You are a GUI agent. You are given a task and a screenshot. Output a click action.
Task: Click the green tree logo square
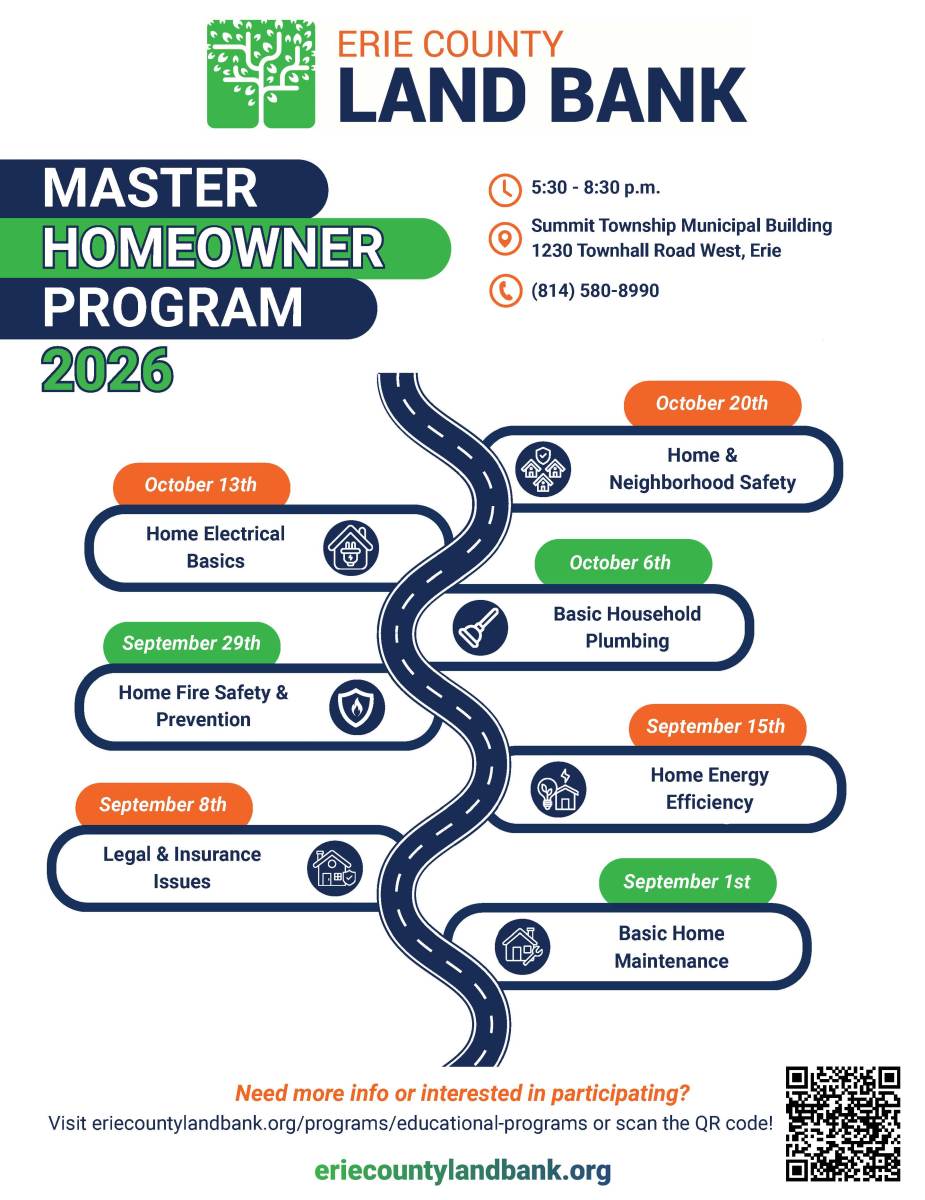click(x=261, y=74)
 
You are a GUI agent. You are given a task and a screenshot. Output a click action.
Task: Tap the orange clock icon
click(x=505, y=190)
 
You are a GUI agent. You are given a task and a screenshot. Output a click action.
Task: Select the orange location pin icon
click(x=505, y=239)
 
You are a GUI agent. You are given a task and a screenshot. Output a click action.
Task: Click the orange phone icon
click(x=505, y=290)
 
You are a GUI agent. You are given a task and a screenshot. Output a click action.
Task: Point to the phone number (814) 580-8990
click(x=595, y=290)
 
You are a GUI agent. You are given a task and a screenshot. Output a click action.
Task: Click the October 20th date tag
click(x=712, y=403)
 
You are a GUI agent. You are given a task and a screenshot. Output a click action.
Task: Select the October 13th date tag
click(x=201, y=484)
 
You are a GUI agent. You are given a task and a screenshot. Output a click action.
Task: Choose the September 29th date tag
click(x=192, y=643)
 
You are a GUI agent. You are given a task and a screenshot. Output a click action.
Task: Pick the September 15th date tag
click(x=717, y=726)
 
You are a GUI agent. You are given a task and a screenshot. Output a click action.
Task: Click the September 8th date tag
click(x=164, y=804)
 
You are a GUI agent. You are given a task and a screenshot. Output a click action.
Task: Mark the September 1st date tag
click(x=688, y=881)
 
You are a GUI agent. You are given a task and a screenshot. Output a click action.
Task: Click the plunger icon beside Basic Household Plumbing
click(x=479, y=627)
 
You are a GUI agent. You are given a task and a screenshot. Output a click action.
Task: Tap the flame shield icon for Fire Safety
click(x=357, y=707)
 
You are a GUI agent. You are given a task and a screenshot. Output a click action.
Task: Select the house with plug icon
click(x=351, y=548)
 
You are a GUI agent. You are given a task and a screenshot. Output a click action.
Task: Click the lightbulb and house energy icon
click(x=558, y=789)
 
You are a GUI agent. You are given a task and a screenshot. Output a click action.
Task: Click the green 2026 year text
click(x=107, y=369)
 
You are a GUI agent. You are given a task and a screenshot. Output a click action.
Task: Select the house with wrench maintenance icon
click(x=522, y=947)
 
